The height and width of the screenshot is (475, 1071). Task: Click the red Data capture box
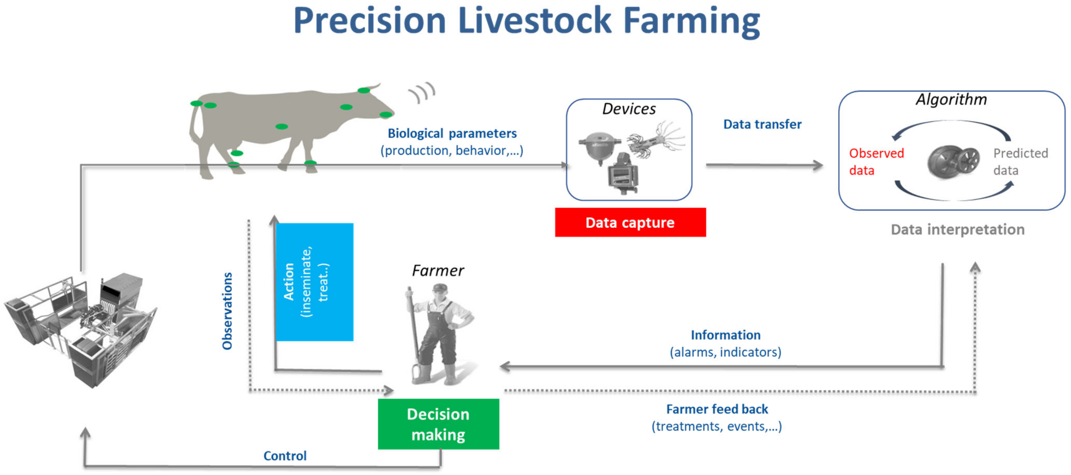[630, 222]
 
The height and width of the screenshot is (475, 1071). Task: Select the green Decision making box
[438, 424]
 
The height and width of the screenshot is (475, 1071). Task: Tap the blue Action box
[314, 282]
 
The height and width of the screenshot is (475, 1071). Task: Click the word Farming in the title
[691, 22]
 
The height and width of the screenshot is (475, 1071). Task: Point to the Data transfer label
[762, 124]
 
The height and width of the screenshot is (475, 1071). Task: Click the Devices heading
[629, 109]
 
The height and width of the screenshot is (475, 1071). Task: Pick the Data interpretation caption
[957, 230]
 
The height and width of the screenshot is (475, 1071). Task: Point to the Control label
[285, 456]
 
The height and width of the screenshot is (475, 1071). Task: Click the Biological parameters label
[452, 133]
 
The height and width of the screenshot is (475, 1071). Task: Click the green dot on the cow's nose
[385, 114]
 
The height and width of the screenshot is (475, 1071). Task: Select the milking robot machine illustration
[81, 329]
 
